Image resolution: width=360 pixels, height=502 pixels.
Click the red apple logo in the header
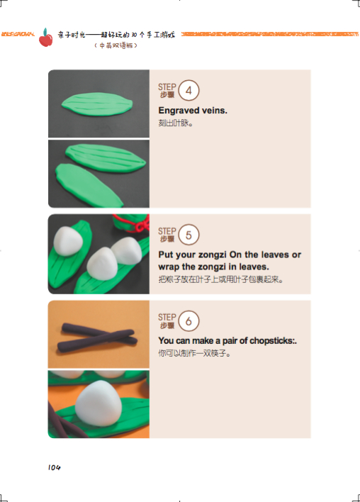click(x=46, y=38)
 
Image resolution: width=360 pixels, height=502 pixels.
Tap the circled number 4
click(x=189, y=90)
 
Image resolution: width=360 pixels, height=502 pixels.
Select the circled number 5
click(x=189, y=235)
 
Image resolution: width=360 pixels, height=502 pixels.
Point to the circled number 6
click(x=189, y=320)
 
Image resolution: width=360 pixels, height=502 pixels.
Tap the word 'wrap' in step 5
click(x=169, y=267)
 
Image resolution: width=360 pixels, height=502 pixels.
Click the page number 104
click(x=54, y=467)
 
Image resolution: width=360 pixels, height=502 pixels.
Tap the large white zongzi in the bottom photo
click(x=99, y=403)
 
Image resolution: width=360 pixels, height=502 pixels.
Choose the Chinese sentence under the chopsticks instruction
click(x=194, y=353)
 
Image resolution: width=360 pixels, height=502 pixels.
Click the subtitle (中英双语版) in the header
click(x=116, y=45)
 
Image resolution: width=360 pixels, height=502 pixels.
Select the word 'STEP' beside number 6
click(x=167, y=317)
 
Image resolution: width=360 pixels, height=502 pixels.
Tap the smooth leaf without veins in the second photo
click(x=89, y=185)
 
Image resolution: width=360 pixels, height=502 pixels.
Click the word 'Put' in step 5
click(x=165, y=255)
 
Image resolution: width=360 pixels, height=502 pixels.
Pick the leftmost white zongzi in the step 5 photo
click(x=68, y=241)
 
